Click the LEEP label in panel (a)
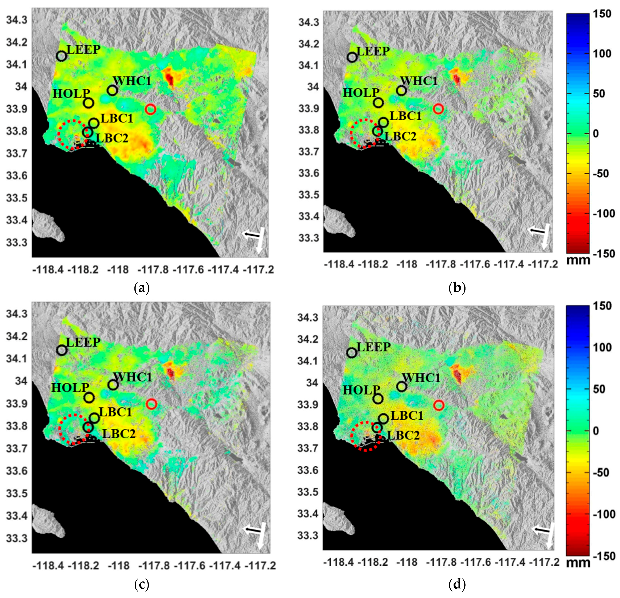click(83, 50)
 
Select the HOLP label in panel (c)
click(70, 387)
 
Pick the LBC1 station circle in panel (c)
click(94, 418)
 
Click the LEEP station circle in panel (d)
click(352, 353)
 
